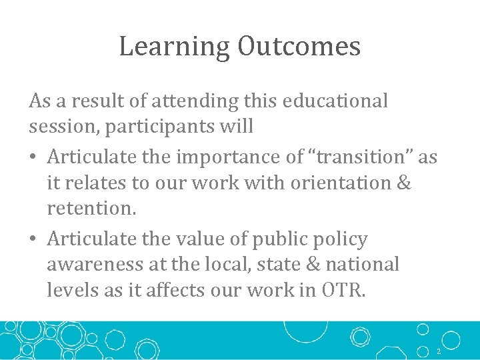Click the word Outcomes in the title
pyautogui.click(x=299, y=47)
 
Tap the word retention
pyautogui.click(x=91, y=209)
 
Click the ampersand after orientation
pyautogui.click(x=403, y=183)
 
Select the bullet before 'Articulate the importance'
pyautogui.click(x=34, y=158)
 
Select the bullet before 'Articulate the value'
pyautogui.click(x=34, y=239)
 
